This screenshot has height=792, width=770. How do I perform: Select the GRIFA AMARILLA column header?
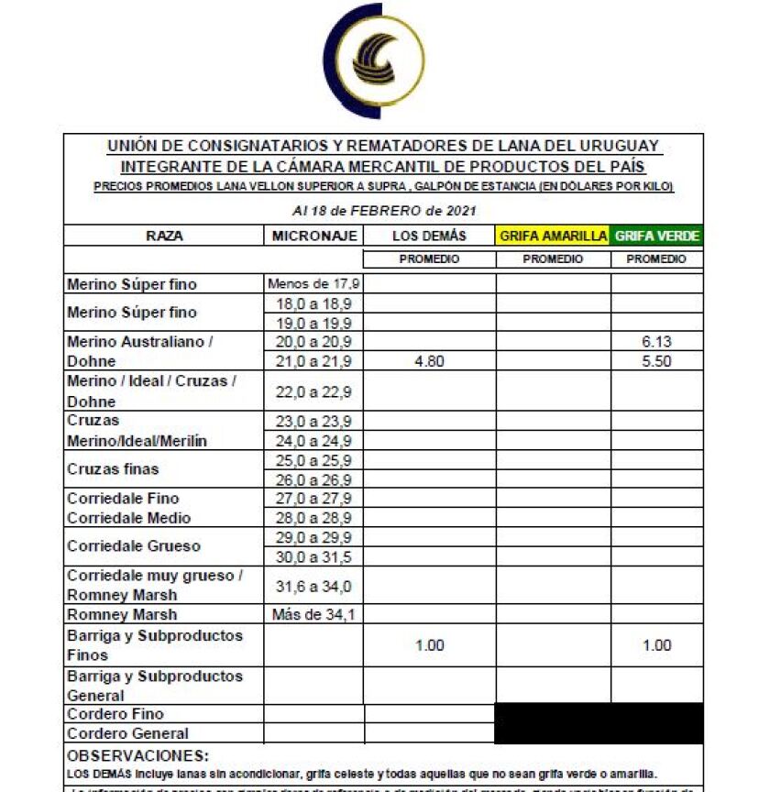click(x=553, y=236)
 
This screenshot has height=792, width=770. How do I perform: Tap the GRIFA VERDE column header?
click(x=656, y=236)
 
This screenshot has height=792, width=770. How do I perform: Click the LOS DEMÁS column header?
click(x=429, y=236)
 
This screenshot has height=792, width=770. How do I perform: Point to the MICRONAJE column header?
click(x=313, y=236)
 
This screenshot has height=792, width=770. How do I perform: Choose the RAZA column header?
click(x=164, y=236)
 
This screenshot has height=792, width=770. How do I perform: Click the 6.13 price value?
click(x=656, y=342)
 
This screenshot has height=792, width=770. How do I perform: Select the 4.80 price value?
click(x=429, y=361)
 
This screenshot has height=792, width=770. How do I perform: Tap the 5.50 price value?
click(x=656, y=361)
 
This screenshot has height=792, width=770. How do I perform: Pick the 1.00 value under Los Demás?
click(x=429, y=645)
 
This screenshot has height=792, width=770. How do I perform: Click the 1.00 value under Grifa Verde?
click(x=656, y=645)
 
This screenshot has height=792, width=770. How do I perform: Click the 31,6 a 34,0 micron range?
click(x=313, y=586)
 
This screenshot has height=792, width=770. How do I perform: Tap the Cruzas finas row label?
click(x=113, y=469)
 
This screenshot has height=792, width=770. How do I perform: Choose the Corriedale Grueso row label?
click(x=134, y=546)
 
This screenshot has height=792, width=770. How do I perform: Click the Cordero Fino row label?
click(x=115, y=713)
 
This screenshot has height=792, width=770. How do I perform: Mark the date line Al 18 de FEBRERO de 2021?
click(x=383, y=210)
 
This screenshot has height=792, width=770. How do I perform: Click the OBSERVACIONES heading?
click(x=138, y=756)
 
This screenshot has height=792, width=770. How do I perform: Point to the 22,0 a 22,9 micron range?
click(x=313, y=391)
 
